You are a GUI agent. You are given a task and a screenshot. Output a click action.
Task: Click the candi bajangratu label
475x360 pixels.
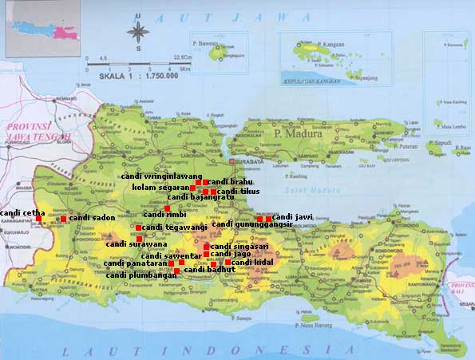pyautogui.click(x=200, y=197)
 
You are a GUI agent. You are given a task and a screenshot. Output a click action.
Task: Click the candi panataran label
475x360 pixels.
pyautogui.click(x=135, y=263)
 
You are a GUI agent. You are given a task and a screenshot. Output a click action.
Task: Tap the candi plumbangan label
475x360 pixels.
pyautogui.click(x=141, y=275)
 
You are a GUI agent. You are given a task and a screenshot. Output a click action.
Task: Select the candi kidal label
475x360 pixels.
pyautogui.click(x=252, y=262)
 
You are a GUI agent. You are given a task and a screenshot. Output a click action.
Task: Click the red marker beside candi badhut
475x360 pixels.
pyautogui.click(x=176, y=271)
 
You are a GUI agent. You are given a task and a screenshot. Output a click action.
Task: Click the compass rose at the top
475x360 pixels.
pyautogui.click(x=138, y=33)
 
